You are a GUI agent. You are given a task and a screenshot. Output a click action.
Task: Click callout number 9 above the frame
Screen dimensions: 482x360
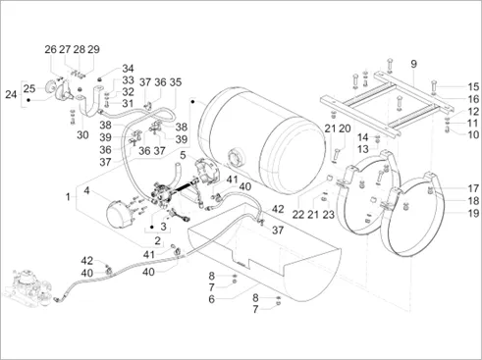(413, 64)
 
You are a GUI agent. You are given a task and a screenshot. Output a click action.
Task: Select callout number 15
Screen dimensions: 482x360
(473, 87)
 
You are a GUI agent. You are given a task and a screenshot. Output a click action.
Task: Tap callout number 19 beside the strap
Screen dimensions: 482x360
(473, 214)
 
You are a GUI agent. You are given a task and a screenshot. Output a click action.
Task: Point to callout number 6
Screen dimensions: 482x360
(212, 299)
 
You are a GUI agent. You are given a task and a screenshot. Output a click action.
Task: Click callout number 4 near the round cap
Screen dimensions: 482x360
(86, 190)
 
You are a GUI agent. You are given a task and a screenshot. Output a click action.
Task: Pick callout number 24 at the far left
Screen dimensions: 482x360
(11, 94)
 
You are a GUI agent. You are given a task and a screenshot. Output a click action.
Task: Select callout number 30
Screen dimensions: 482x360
(82, 134)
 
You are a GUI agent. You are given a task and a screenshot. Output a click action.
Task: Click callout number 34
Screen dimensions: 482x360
(128, 69)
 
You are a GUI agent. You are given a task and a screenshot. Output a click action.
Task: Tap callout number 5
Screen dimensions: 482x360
(183, 155)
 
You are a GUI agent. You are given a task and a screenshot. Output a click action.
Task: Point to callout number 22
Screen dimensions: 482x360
(298, 215)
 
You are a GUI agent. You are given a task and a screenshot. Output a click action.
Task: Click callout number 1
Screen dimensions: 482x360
(68, 197)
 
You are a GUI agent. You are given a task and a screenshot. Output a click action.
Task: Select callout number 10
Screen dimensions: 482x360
(473, 134)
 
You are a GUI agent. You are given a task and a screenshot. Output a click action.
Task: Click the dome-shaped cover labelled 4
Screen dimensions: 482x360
(120, 214)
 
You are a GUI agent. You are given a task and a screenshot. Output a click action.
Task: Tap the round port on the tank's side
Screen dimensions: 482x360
(236, 158)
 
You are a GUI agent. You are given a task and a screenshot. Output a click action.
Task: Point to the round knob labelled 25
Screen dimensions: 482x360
(51, 87)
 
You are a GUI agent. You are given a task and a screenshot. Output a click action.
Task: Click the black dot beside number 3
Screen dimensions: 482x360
(151, 227)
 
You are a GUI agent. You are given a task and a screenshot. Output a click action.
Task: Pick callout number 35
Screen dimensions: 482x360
(176, 82)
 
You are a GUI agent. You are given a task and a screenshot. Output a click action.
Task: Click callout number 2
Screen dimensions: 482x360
(158, 241)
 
